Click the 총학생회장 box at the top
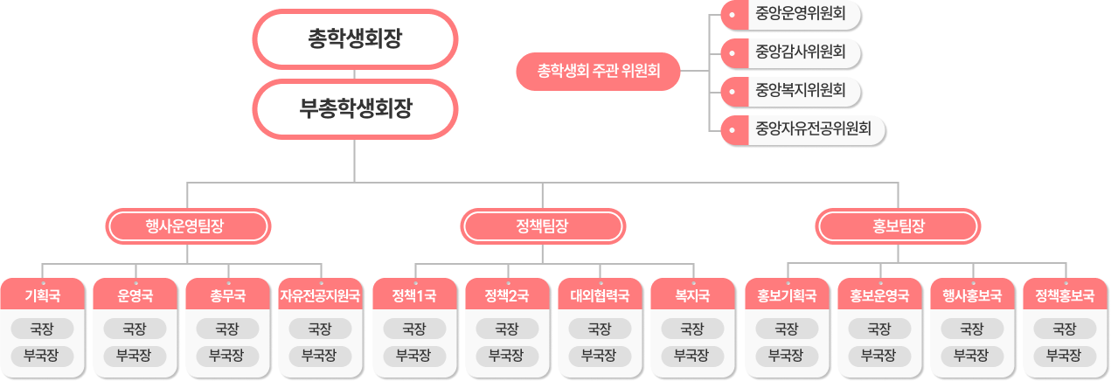(x=354, y=38)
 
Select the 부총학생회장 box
(x=354, y=108)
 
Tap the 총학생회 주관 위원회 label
(x=598, y=70)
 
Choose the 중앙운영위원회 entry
(x=799, y=13)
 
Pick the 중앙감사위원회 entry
(x=799, y=52)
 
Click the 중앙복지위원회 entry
(x=799, y=90)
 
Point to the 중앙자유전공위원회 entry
(x=812, y=129)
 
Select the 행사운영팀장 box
(x=188, y=226)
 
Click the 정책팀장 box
(x=542, y=226)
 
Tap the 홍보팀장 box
(x=898, y=226)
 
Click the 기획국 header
(x=43, y=295)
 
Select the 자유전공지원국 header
(x=320, y=295)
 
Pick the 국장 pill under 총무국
(x=227, y=329)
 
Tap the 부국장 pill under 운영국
(x=135, y=356)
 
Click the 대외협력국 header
(x=600, y=295)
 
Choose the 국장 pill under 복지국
(x=692, y=329)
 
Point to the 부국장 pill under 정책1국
(x=413, y=356)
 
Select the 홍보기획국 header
(x=786, y=295)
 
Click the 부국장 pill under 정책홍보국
(x=1064, y=356)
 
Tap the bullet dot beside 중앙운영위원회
(x=732, y=13)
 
